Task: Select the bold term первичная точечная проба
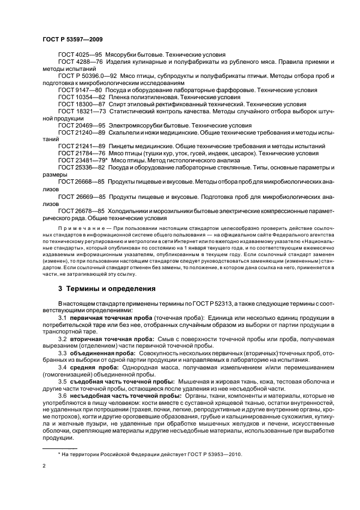(x=111, y=318)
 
